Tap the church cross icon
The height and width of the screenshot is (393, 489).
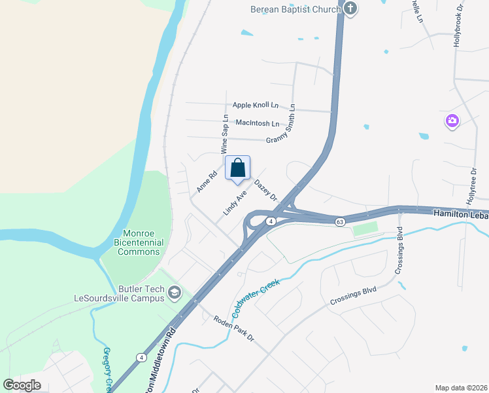coord(350,9)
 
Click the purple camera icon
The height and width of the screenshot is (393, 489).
coord(452,121)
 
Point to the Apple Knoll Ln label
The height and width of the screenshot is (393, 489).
coord(256,105)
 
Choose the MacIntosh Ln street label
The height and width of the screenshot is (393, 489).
coord(257,122)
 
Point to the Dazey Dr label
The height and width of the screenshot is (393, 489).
coord(265,190)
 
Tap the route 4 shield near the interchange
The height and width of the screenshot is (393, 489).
coord(269,221)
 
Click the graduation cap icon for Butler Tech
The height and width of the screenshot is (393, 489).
coord(174,293)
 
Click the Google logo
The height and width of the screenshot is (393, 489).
coord(22,384)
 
